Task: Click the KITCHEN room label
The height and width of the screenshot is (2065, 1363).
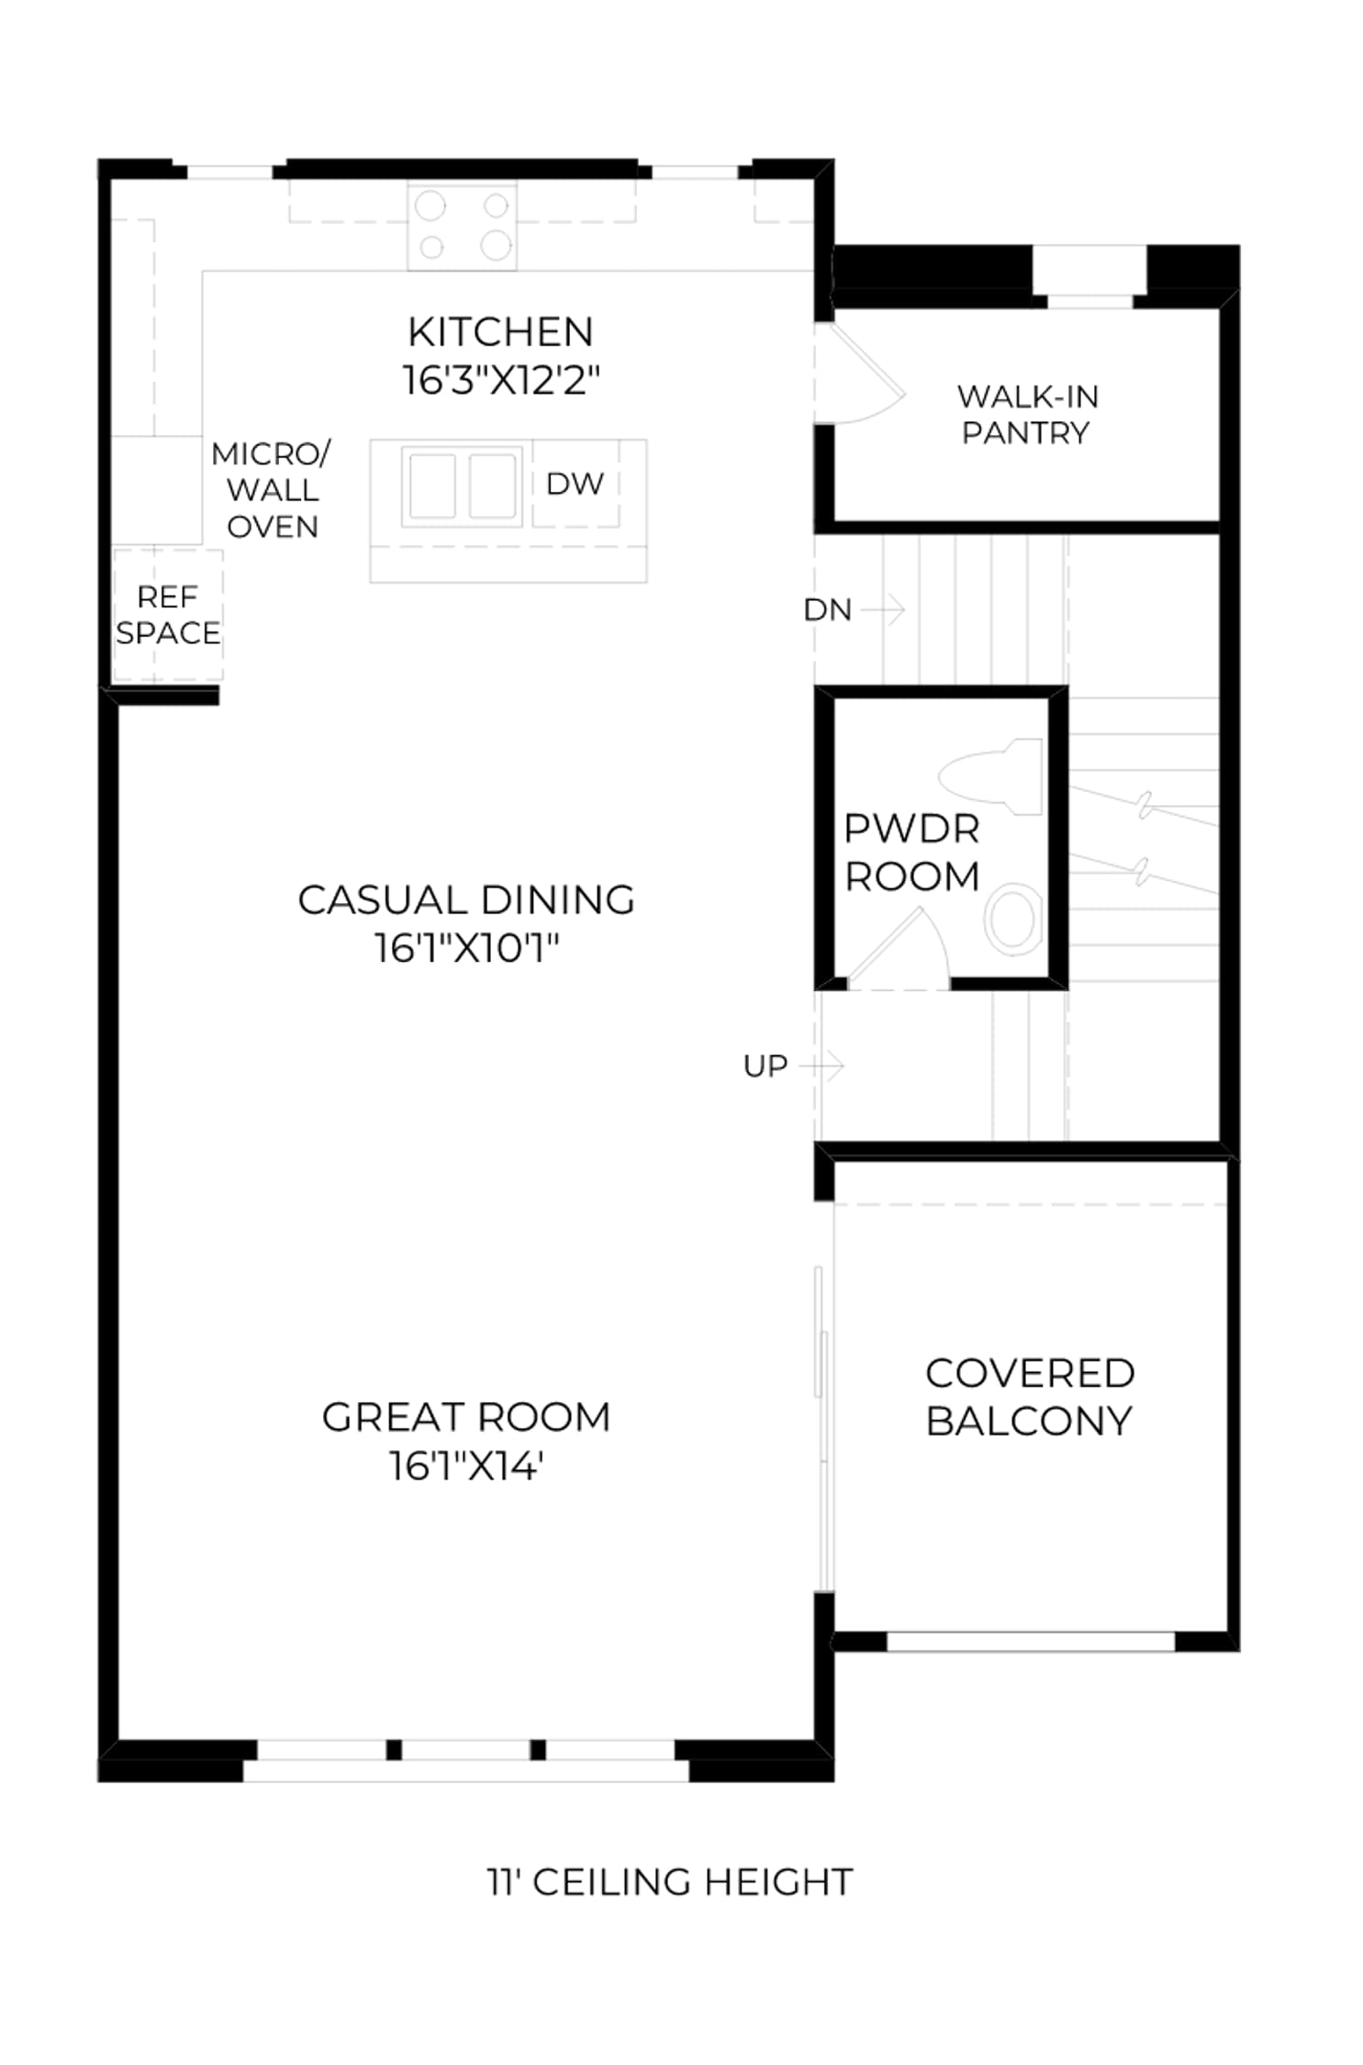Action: tap(500, 332)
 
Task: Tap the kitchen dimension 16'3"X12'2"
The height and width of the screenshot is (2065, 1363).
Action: tap(501, 380)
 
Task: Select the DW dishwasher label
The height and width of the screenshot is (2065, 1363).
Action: tap(575, 484)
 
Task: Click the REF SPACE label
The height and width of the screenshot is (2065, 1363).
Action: tap(168, 615)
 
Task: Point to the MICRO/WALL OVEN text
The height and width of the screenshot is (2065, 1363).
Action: tap(272, 490)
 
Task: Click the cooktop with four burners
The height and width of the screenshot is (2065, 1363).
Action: tap(463, 226)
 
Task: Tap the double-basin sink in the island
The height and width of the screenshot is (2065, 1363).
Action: tap(462, 486)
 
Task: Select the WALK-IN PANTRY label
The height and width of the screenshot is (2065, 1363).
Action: tap(1027, 414)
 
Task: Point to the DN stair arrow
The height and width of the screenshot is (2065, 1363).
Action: tap(884, 608)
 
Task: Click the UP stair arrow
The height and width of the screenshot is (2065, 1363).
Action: tap(821, 1066)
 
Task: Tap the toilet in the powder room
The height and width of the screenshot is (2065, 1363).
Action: tap(991, 776)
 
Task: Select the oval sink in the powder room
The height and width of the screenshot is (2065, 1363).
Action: tap(1013, 919)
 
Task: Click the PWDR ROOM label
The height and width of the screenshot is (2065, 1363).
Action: tap(911, 853)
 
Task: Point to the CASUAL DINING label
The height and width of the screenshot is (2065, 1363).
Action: tap(466, 900)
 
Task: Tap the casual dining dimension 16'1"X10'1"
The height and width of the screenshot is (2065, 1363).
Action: tap(466, 949)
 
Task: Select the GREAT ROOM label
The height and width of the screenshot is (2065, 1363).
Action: tap(466, 1417)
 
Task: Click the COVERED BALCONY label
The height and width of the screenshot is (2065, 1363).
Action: tap(1030, 1397)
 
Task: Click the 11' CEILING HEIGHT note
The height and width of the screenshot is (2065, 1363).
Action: tap(670, 1881)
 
